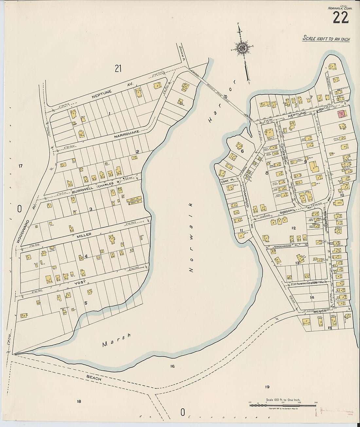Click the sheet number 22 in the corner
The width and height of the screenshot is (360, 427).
click(341, 18)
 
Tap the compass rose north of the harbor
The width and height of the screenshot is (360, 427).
click(242, 48)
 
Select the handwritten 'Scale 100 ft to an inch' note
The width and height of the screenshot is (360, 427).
click(326, 39)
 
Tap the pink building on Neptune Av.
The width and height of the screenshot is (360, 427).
click(341, 114)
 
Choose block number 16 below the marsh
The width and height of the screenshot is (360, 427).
click(172, 366)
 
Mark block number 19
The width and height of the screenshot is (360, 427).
click(267, 387)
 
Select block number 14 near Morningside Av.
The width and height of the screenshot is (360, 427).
click(312, 297)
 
